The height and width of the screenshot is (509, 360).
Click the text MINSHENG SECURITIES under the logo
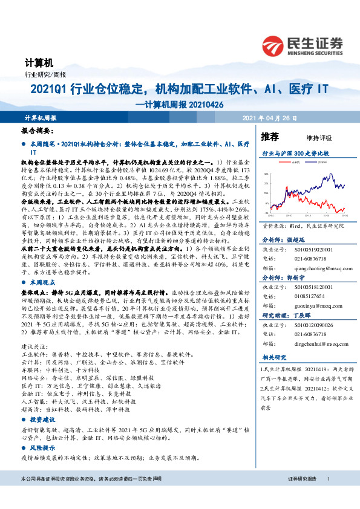coord(317,51)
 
